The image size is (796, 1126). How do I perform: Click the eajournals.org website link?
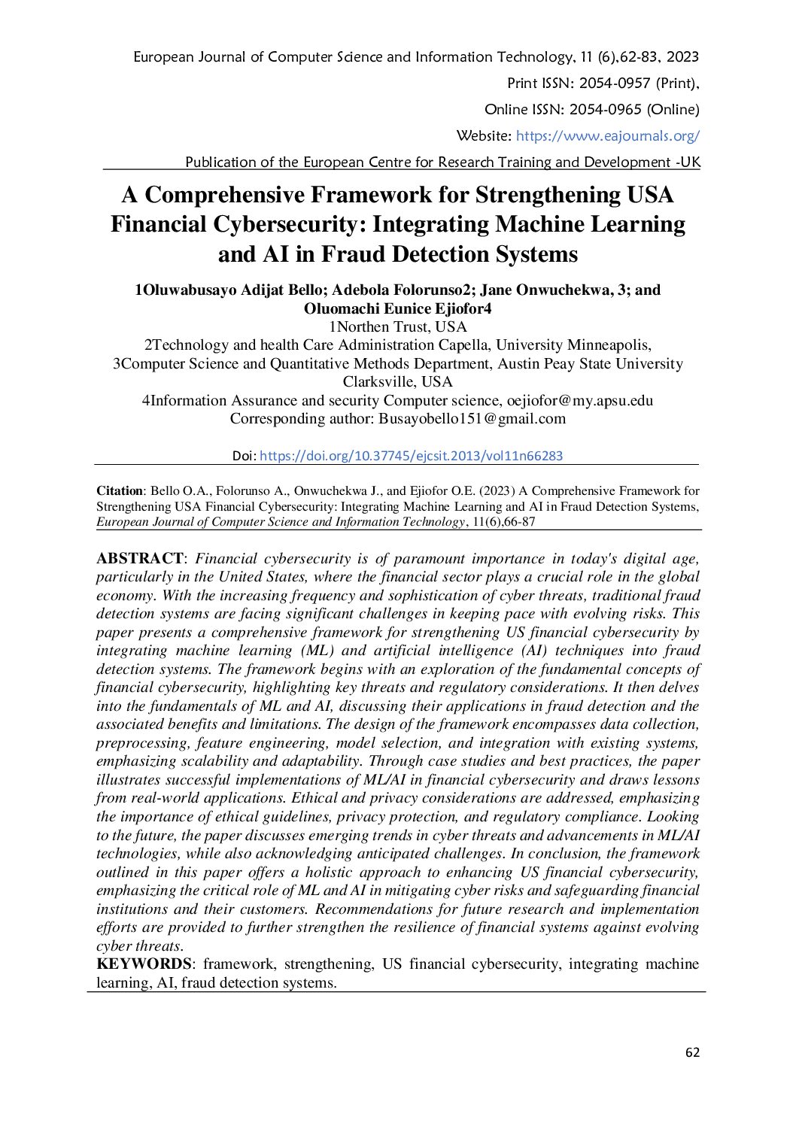(608, 136)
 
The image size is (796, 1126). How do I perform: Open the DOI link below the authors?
(411, 456)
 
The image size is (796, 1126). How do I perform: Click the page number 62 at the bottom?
(692, 1052)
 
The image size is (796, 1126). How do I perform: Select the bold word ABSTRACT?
(140, 559)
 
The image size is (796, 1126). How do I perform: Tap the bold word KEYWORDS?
(144, 964)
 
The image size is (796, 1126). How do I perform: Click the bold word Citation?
(119, 491)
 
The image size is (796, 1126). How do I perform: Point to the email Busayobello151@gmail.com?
(472, 419)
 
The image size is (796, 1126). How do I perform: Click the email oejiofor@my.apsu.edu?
(579, 401)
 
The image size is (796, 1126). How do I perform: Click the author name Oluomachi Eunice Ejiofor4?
(397, 308)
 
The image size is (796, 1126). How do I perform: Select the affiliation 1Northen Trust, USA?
(397, 327)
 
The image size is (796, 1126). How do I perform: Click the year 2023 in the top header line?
(682, 57)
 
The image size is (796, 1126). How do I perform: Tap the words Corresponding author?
(301, 419)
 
